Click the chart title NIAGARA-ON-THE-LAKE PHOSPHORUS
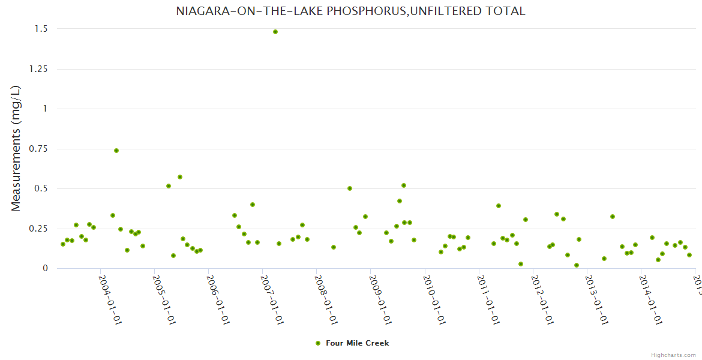(350, 11)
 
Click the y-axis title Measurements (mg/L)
(16, 148)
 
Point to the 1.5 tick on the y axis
(40, 29)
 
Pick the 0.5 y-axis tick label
(40, 188)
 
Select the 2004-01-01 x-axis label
(110, 299)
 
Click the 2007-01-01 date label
(272, 299)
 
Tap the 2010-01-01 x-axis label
(434, 299)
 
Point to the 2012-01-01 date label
(542, 299)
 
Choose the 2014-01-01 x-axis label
(650, 299)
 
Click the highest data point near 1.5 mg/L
(275, 32)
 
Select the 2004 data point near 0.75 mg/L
(116, 151)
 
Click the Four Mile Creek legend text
(357, 343)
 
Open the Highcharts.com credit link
(673, 355)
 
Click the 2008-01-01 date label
(326, 299)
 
